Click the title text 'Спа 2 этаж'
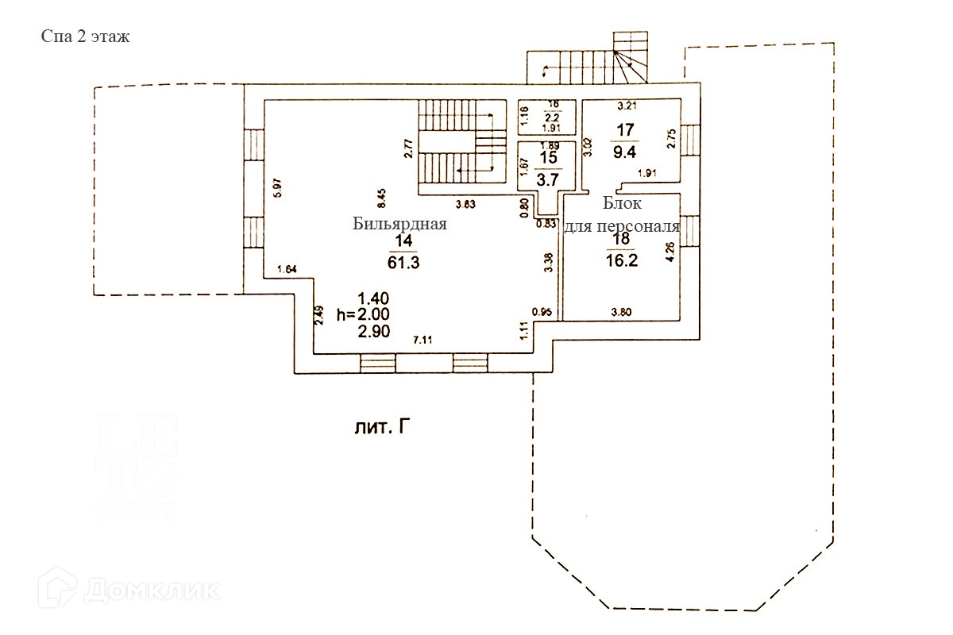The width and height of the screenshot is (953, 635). pyautogui.click(x=85, y=37)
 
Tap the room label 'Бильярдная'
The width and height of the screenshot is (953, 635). pyautogui.click(x=400, y=224)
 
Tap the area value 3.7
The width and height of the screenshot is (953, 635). pyautogui.click(x=548, y=179)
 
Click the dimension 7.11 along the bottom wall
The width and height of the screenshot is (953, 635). pyautogui.click(x=423, y=340)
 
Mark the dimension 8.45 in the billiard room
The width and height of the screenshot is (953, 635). pyautogui.click(x=381, y=195)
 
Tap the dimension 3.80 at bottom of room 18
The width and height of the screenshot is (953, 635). pyautogui.click(x=622, y=311)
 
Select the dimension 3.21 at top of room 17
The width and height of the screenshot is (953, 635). pyautogui.click(x=629, y=105)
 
